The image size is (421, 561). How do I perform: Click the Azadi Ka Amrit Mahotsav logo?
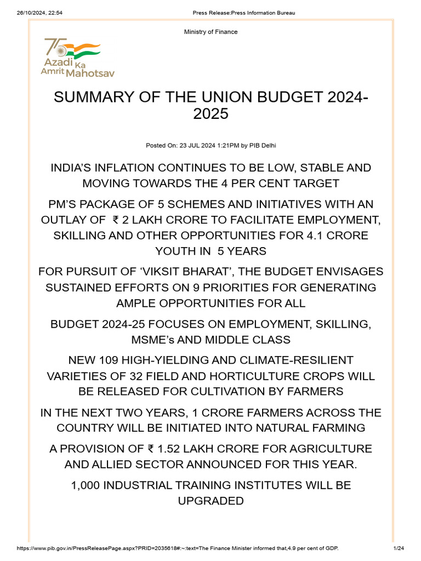[x=71, y=57]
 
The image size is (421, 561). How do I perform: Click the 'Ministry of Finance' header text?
[x=211, y=32]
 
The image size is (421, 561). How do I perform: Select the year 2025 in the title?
[x=210, y=115]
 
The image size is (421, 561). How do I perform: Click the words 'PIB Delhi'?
[x=267, y=145]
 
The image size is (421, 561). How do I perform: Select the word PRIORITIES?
[x=242, y=288]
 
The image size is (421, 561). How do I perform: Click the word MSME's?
[x=153, y=340]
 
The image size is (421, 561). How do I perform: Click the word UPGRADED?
[x=210, y=501]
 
